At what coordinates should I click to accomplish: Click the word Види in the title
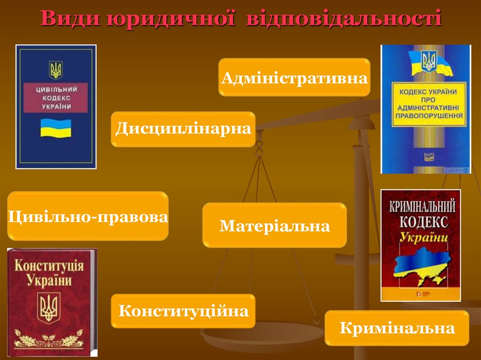69,18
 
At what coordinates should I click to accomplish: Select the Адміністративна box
294,77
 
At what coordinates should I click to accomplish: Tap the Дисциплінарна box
183,129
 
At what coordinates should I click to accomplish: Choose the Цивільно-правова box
88,216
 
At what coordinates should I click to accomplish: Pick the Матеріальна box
275,226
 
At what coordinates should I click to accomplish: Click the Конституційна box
183,311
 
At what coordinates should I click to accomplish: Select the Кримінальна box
397,328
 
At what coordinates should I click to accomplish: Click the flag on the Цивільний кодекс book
55,128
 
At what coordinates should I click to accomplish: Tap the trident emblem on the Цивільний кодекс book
56,70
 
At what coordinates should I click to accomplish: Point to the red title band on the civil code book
56,98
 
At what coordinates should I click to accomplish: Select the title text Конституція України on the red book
49,273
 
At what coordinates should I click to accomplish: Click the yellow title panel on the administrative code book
428,104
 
